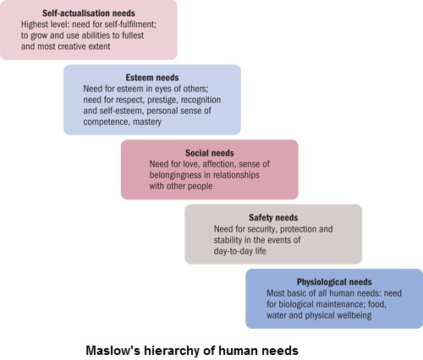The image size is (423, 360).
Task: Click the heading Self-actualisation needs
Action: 89,14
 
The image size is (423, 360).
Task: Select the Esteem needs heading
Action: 152,78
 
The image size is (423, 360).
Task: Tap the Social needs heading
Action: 210,153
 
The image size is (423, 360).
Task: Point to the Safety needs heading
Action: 273,217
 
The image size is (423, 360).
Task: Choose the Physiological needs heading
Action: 334,282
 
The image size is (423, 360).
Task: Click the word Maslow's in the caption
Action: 113,351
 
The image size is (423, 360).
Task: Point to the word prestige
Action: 162,101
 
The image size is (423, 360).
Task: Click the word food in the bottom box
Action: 376,304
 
